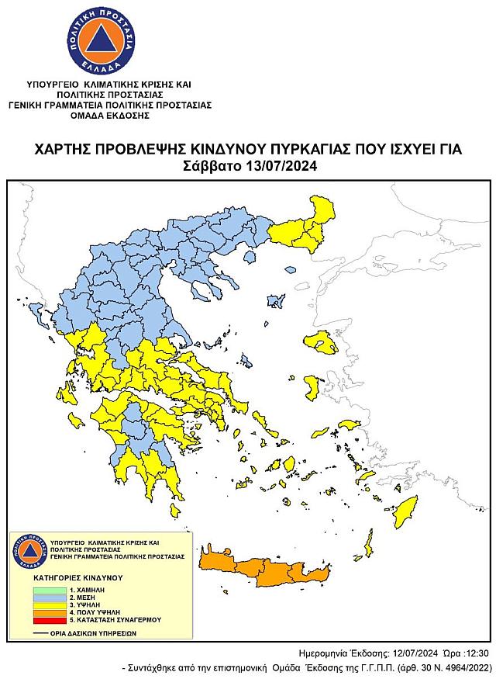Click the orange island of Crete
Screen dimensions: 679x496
coord(263,571)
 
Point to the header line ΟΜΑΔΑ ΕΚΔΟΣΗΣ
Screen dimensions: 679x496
coord(109,115)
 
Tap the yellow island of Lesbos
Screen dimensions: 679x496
coord(319,340)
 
